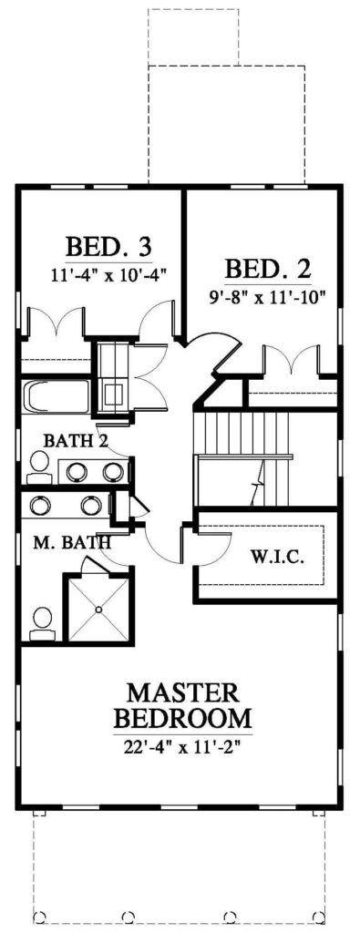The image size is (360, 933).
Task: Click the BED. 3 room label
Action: tap(109, 246)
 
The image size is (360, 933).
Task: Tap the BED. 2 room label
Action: tap(267, 269)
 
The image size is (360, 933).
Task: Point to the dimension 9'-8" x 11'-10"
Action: tap(267, 296)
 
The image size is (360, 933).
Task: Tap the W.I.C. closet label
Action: tap(278, 558)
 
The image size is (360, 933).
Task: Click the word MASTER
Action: tap(182, 693)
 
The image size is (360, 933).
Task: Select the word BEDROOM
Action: tap(182, 718)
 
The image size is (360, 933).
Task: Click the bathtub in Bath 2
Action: tap(56, 396)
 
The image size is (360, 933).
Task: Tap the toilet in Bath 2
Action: tap(39, 468)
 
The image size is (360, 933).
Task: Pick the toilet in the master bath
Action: tap(42, 623)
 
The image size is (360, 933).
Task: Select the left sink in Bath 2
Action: tap(77, 473)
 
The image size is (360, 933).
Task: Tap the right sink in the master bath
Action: tap(90, 506)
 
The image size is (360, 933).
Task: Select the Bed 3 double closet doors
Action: tap(57, 322)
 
